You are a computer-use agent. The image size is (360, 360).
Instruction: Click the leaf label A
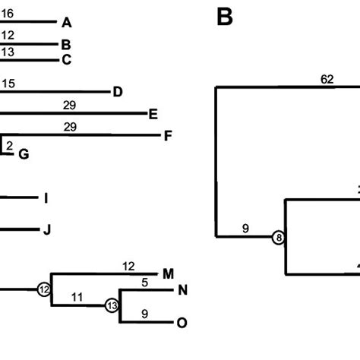pos(67,22)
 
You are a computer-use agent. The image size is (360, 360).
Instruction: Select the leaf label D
pos(117,92)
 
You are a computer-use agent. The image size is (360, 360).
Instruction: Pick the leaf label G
pos(24,154)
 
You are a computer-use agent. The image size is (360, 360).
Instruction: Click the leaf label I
pos(46,198)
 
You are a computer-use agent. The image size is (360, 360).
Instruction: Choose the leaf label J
pos(46,229)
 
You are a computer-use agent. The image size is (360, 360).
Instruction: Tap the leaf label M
pos(169,273)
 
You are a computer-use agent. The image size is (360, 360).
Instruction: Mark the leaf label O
pos(182,322)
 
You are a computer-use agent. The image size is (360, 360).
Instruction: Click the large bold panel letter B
pos(225,17)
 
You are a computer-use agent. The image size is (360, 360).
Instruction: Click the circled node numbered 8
pos(279,238)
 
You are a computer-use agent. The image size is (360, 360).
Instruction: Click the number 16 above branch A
pos(8,13)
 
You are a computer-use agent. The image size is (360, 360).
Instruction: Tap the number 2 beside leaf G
pos(10,144)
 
